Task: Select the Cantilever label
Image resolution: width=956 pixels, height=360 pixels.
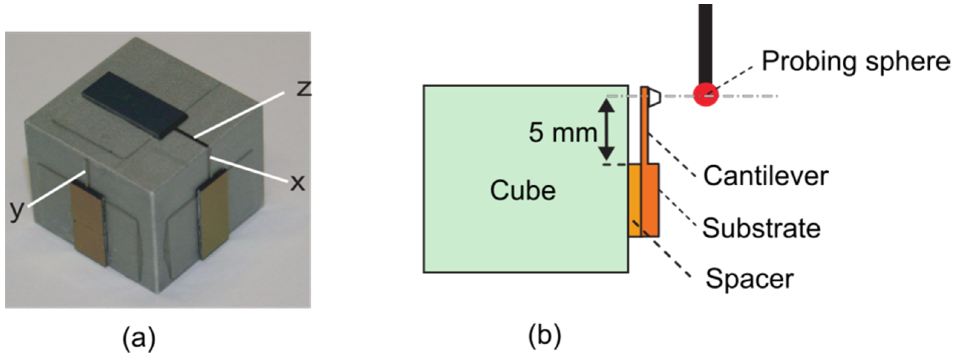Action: pos(765,176)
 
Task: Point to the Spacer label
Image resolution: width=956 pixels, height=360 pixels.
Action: pos(749,279)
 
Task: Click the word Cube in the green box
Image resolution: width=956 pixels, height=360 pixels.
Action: pos(523,191)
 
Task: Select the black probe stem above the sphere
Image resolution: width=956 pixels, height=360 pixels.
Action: pos(705,41)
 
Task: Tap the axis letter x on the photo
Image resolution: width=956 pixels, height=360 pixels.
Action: pos(297,183)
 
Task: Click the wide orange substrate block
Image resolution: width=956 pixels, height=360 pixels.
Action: pos(651,201)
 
